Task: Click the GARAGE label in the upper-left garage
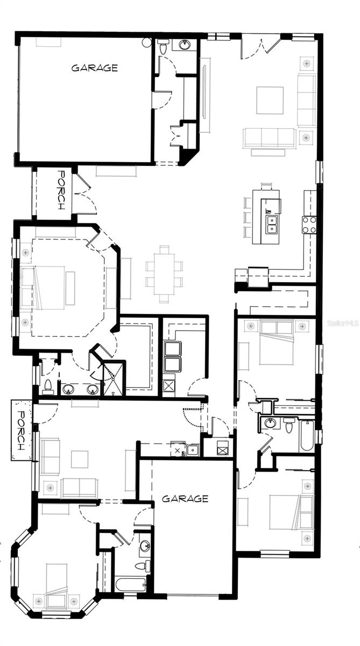[95, 68]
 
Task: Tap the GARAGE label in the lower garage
[185, 498]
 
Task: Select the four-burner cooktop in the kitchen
[309, 224]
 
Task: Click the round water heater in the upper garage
[146, 42]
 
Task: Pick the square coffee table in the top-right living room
[270, 100]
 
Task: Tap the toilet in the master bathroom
[48, 385]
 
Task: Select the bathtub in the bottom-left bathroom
[130, 584]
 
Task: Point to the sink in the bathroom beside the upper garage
[185, 45]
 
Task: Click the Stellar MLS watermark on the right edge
[343, 322]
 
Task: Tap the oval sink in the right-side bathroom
[270, 423]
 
